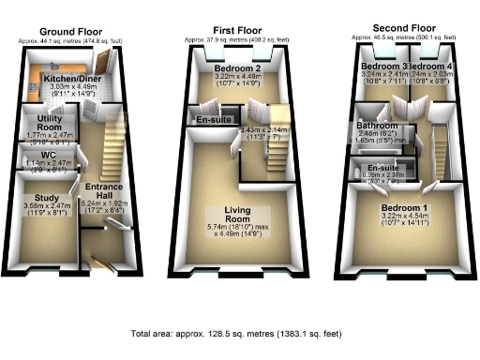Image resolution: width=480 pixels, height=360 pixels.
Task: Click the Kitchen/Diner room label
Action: coord(66,80)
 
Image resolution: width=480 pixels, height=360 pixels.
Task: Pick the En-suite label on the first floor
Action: coord(208,121)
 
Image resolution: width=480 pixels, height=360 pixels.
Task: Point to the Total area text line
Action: coord(239,333)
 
